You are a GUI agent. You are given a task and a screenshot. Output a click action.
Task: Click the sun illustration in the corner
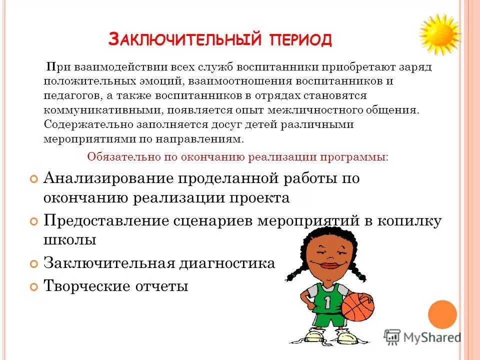click(x=439, y=33)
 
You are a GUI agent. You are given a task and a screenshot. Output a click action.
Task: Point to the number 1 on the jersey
click(x=327, y=301)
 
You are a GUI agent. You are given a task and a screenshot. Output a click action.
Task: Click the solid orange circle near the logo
click(x=442, y=314)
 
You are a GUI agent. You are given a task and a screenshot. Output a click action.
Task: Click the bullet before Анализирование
click(x=33, y=179)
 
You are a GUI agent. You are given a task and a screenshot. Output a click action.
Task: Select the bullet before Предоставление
click(x=33, y=220)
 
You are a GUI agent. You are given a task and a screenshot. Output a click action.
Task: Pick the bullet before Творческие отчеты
click(x=33, y=287)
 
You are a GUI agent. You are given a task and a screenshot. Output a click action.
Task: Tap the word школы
click(x=69, y=240)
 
